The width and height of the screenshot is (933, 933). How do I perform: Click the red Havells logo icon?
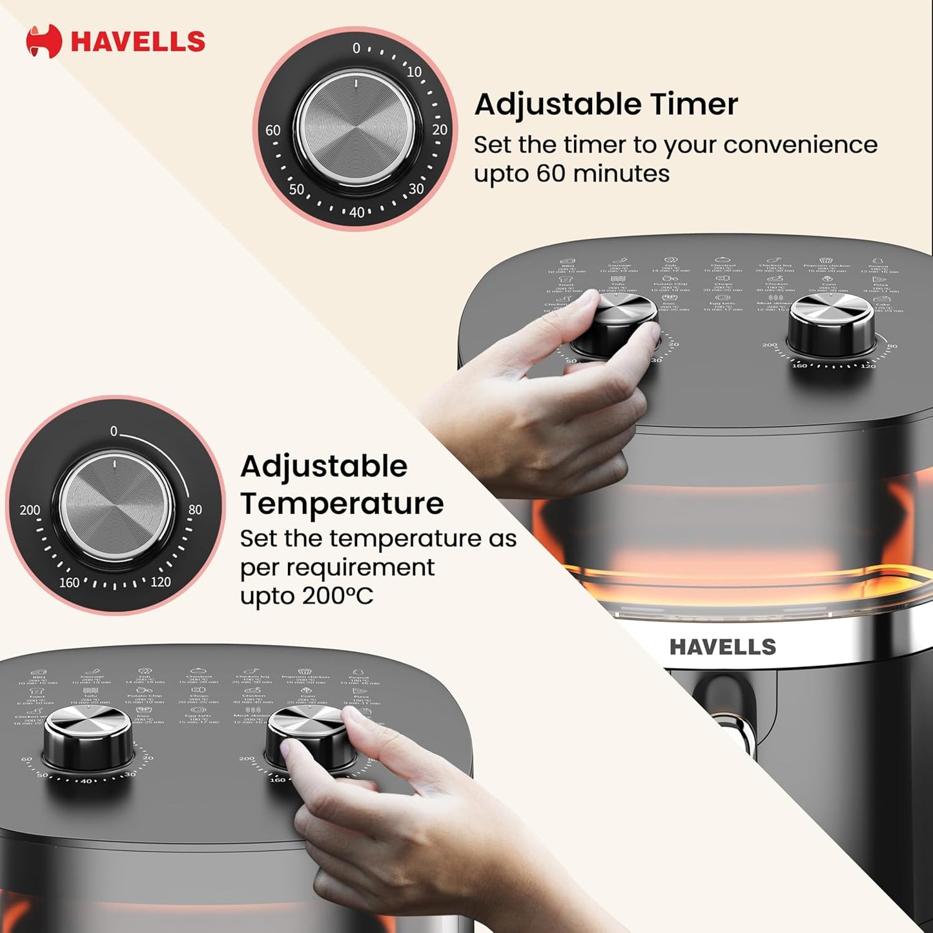(43, 41)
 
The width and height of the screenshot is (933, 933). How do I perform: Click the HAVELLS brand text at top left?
(138, 41)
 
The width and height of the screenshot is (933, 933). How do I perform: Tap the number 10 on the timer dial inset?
(414, 72)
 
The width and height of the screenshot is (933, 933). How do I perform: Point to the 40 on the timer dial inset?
(356, 212)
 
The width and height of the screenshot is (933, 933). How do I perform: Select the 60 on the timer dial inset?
(273, 130)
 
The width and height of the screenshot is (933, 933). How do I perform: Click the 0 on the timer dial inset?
(356, 48)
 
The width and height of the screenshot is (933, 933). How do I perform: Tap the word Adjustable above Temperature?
(323, 466)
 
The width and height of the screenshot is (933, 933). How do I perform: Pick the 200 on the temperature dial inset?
(30, 510)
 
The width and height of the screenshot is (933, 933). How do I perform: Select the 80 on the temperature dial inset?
(195, 509)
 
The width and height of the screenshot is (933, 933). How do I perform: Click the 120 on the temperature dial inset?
(160, 582)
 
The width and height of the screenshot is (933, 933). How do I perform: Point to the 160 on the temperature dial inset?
(69, 582)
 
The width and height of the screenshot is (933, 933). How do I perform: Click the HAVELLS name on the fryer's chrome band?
(722, 646)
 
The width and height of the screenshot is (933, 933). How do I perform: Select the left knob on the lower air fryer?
(87, 735)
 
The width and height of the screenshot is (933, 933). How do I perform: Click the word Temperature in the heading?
(342, 504)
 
